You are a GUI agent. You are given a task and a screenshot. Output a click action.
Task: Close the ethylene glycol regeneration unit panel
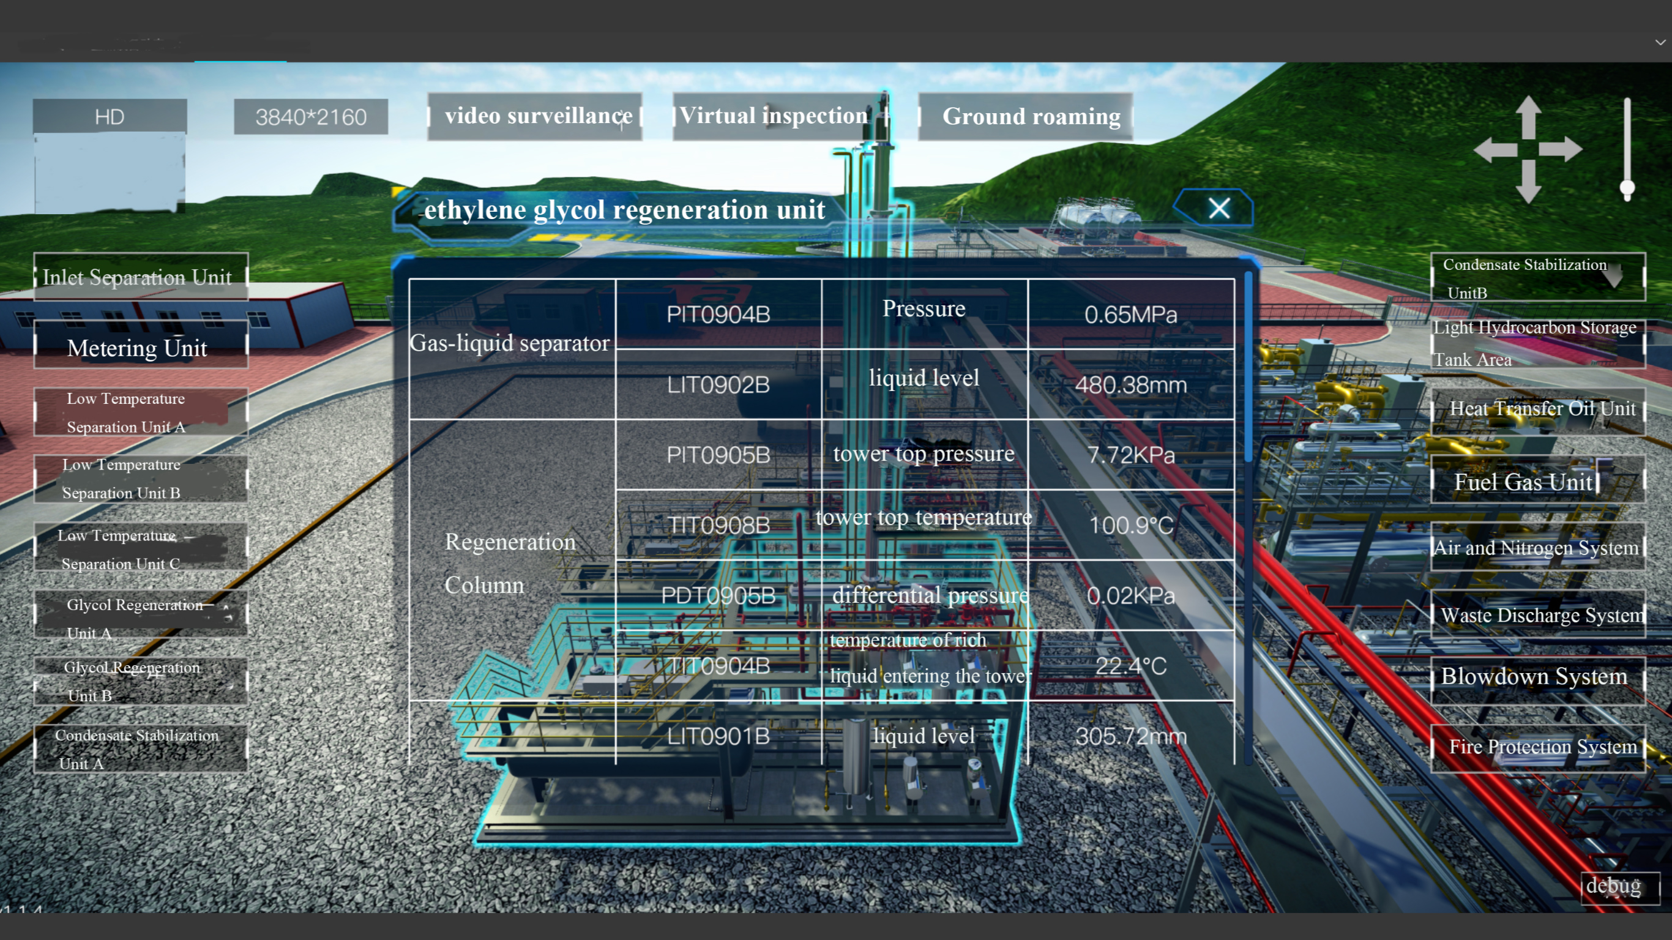click(x=1219, y=209)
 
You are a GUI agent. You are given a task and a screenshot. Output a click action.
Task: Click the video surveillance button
click(x=536, y=116)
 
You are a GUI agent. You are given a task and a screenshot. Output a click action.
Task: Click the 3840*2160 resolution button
click(x=310, y=117)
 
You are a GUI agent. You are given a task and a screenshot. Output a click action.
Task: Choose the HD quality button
click(x=109, y=117)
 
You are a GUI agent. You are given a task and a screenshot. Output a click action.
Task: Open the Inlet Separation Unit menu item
click(x=140, y=277)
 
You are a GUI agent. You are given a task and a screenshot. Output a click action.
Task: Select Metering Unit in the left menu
click(x=140, y=348)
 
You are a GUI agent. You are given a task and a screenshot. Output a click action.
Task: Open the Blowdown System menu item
click(x=1535, y=676)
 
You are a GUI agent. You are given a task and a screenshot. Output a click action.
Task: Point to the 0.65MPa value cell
click(x=1130, y=315)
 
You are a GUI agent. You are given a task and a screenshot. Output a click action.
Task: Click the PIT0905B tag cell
click(x=718, y=455)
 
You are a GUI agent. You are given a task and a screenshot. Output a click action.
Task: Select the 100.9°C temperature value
click(x=1130, y=525)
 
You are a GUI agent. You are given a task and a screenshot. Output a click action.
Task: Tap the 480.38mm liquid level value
click(x=1130, y=385)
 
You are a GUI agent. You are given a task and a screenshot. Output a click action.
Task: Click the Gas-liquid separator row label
click(x=511, y=343)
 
